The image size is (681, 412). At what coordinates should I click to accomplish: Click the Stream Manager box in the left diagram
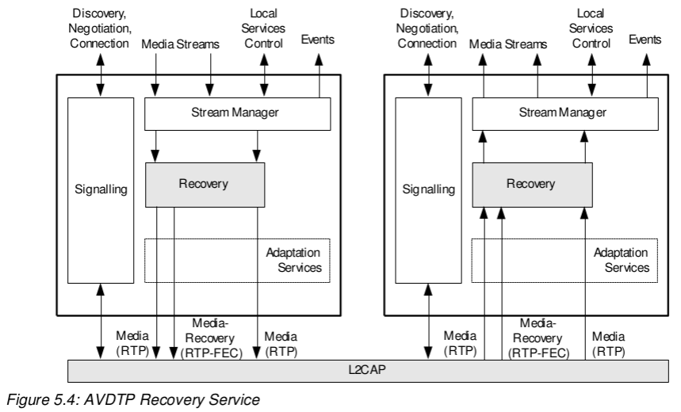click(x=236, y=114)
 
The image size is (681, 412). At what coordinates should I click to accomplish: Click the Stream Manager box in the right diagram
click(x=565, y=114)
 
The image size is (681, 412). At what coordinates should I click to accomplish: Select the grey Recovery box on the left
click(x=204, y=185)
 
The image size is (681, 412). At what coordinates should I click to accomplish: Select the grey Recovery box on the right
click(x=531, y=185)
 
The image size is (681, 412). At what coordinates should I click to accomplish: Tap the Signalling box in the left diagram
click(x=99, y=190)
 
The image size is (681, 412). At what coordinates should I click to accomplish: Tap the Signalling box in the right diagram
click(x=428, y=190)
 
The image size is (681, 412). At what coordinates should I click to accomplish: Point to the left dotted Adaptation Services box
click(x=236, y=260)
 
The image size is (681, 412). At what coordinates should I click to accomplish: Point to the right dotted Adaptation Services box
click(x=565, y=260)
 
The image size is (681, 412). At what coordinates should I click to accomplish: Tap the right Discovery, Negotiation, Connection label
click(x=428, y=26)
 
